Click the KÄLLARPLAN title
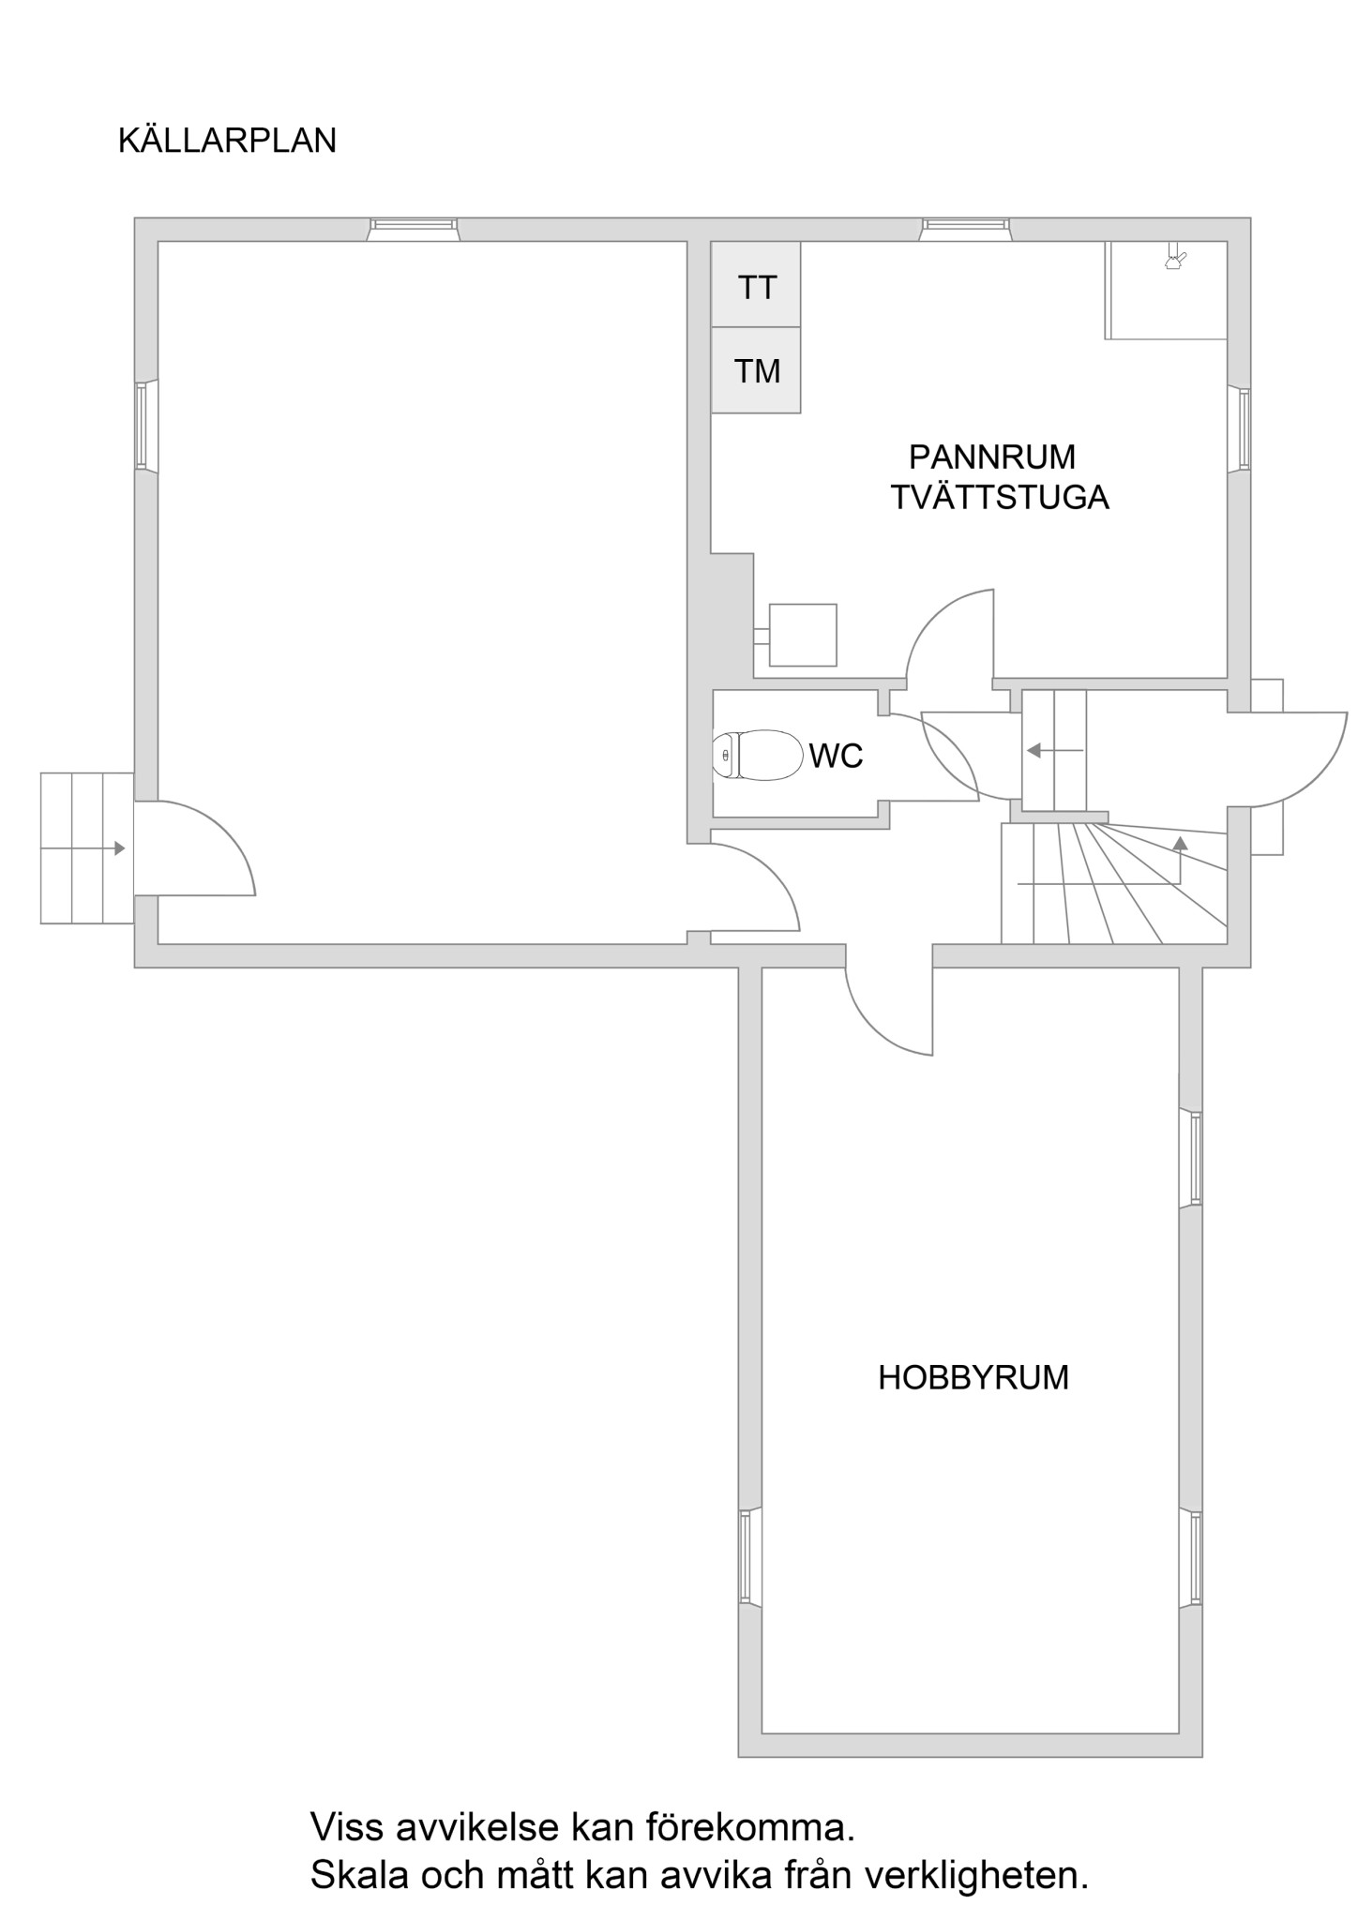click(227, 140)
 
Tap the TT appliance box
click(756, 284)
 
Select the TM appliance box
click(756, 370)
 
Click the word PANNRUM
click(992, 457)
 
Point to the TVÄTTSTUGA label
click(1000, 497)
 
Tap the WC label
click(836, 756)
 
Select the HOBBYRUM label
click(973, 1377)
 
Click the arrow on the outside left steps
click(84, 848)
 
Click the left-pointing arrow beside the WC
click(1055, 751)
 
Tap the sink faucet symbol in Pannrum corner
click(1174, 258)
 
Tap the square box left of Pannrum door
click(803, 635)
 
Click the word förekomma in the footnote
click(750, 1827)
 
